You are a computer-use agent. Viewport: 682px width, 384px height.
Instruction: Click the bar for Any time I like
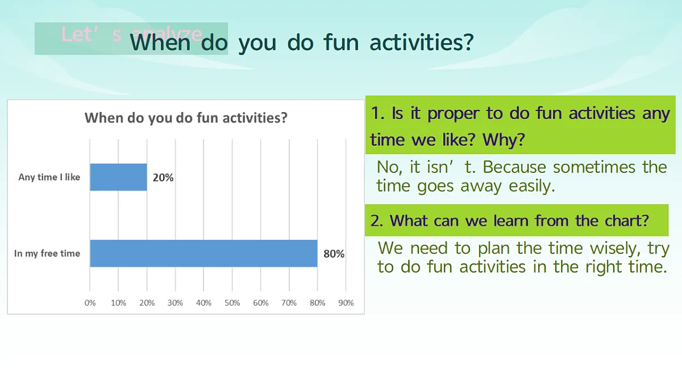pyautogui.click(x=118, y=177)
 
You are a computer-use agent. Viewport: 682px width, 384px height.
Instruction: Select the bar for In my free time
pyautogui.click(x=203, y=253)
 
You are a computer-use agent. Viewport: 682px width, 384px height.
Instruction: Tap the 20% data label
pyautogui.click(x=163, y=177)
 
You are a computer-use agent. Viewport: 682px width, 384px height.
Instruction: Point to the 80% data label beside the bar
pyautogui.click(x=334, y=254)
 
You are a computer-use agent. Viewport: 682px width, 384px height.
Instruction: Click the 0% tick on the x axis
pyautogui.click(x=90, y=303)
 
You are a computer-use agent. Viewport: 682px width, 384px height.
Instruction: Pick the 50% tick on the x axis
pyautogui.click(x=232, y=303)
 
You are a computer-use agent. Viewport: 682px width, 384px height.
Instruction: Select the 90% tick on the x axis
pyautogui.click(x=346, y=303)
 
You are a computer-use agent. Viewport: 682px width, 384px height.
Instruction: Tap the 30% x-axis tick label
pyautogui.click(x=176, y=303)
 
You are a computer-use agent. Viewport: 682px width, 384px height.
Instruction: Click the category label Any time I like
pyautogui.click(x=49, y=177)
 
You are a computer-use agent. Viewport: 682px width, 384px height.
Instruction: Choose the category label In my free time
pyautogui.click(x=47, y=253)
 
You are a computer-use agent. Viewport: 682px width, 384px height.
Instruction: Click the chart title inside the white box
pyautogui.click(x=186, y=118)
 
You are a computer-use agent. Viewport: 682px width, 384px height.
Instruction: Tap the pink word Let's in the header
pyautogui.click(x=92, y=34)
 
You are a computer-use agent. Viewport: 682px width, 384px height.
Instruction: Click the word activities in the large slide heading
pyautogui.click(x=422, y=42)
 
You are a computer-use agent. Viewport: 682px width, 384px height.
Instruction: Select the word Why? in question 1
pyautogui.click(x=504, y=139)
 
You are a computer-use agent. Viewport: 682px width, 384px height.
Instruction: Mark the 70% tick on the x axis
pyautogui.click(x=289, y=303)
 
